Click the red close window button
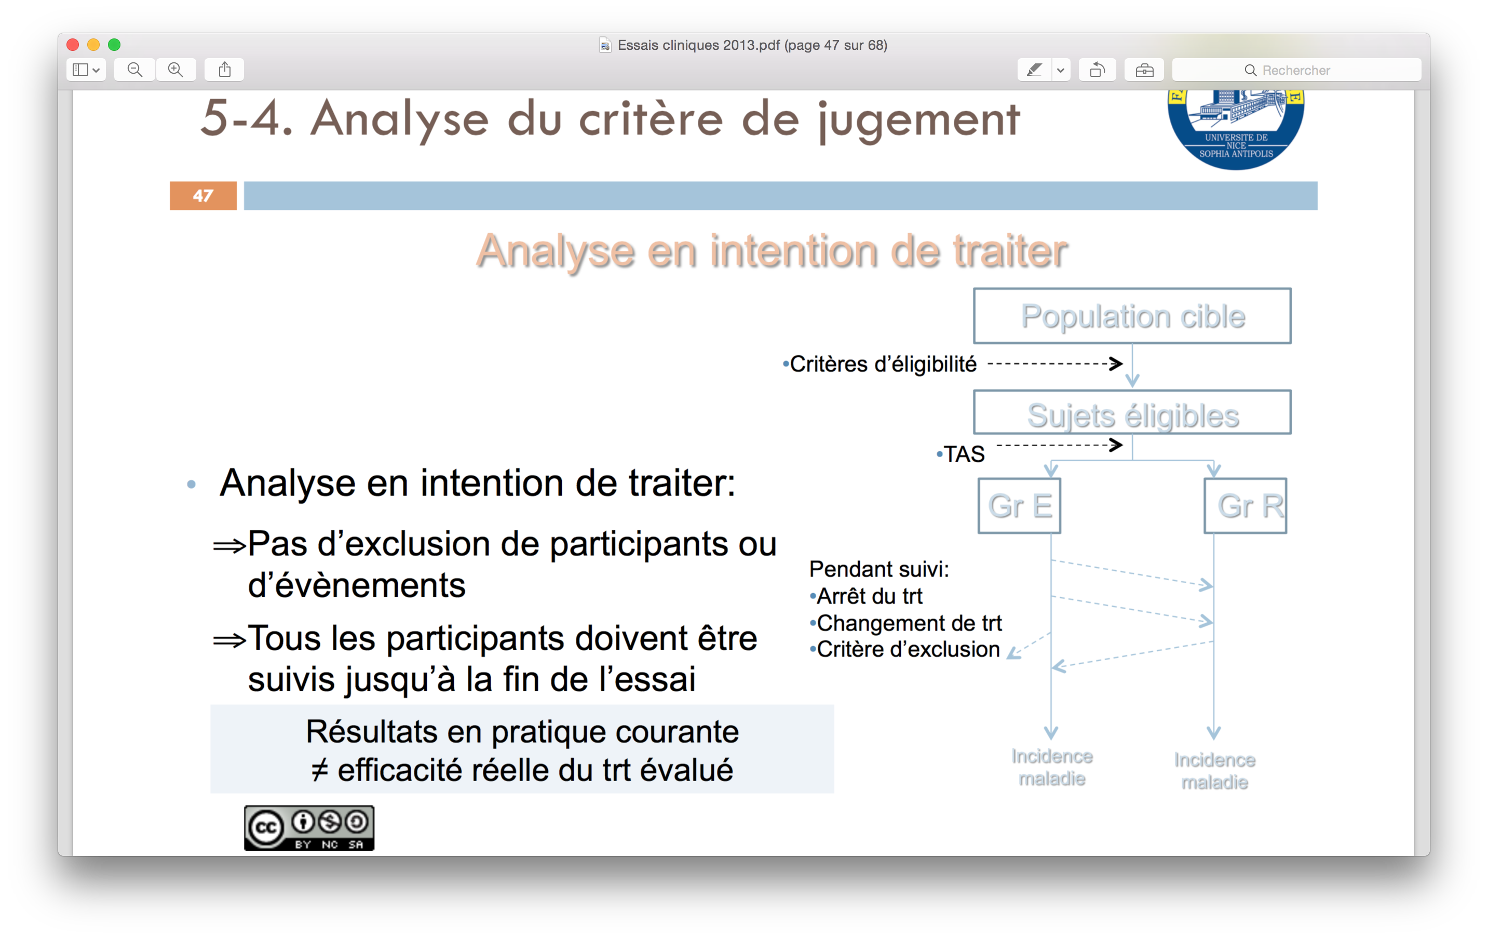point(73,45)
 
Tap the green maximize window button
point(114,45)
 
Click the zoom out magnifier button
point(134,70)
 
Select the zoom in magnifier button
point(176,70)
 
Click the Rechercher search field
point(1296,70)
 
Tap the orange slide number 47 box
point(204,196)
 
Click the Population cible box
point(1132,316)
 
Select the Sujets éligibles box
point(1132,412)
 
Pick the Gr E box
point(1020,506)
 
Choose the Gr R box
point(1246,506)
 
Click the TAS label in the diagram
point(964,454)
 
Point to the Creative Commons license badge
point(309,828)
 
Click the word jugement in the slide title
point(919,120)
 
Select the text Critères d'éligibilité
point(883,364)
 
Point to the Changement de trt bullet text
point(909,623)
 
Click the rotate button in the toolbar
point(1098,70)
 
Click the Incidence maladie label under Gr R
point(1215,771)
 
